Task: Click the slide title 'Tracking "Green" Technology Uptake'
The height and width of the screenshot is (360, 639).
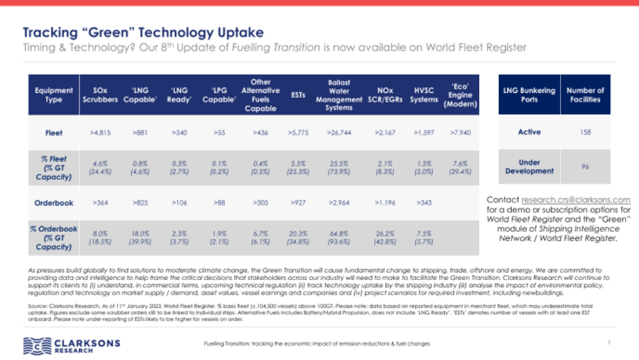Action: [143, 32]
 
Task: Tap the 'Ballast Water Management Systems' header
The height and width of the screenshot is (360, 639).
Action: [338, 95]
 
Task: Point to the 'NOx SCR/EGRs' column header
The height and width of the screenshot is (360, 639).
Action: [385, 95]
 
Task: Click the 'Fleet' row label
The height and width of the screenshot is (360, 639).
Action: [54, 133]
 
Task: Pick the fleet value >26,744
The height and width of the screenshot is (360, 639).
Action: [338, 133]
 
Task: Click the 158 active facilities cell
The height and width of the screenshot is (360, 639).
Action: [585, 132]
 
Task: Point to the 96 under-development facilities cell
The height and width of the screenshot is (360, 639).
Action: [585, 166]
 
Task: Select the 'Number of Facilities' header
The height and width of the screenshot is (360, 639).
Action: [585, 95]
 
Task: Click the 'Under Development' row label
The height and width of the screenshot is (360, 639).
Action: [529, 166]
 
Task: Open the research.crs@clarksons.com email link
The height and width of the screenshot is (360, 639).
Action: [575, 200]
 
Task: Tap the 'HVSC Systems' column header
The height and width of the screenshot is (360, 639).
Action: [425, 95]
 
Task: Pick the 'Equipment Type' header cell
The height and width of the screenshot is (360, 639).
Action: [54, 95]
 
